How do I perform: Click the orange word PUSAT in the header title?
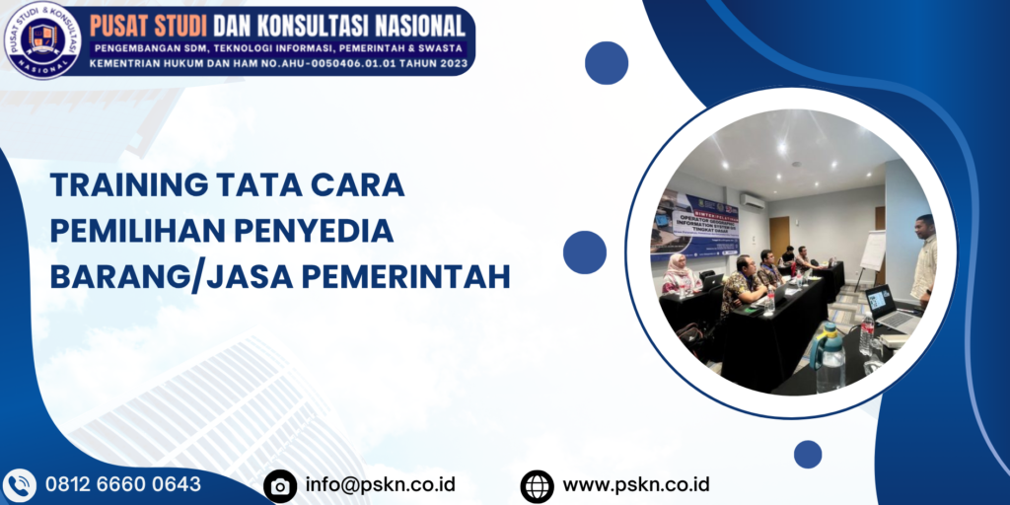[x=125, y=23]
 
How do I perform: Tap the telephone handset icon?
[x=19, y=485]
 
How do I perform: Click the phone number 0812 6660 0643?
[x=123, y=484]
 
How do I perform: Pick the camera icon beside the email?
[x=280, y=485]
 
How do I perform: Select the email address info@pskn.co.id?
[x=380, y=484]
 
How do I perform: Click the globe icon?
[x=538, y=485]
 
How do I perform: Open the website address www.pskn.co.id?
[x=636, y=484]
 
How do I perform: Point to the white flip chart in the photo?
[x=872, y=251]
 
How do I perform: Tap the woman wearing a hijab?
[x=679, y=275]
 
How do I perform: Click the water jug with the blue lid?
[x=829, y=358]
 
